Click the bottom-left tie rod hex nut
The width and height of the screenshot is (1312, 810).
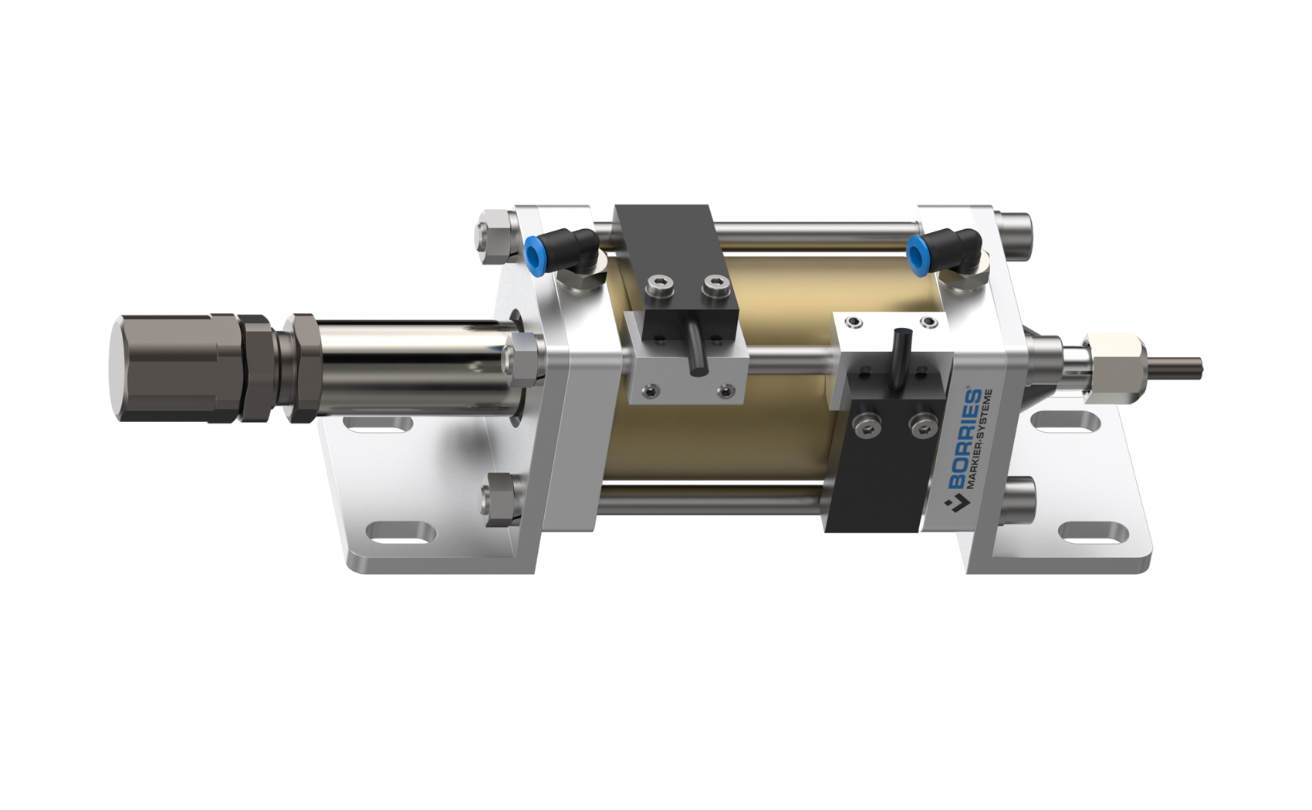tap(498, 501)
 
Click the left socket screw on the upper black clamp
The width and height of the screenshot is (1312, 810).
tap(661, 289)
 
